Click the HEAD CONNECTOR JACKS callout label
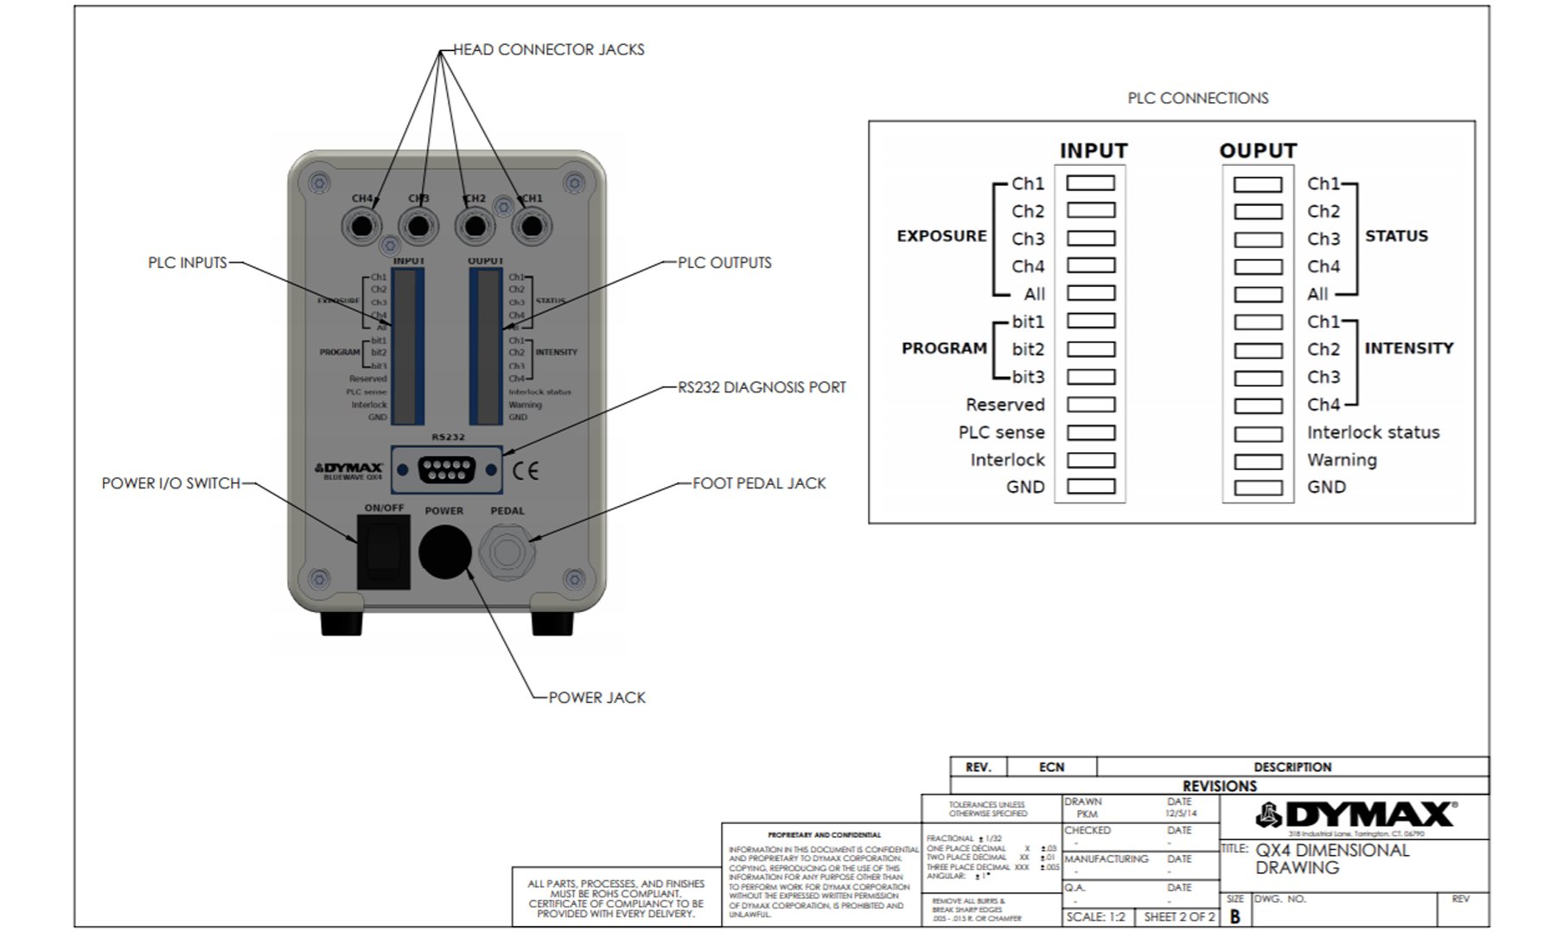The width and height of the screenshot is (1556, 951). [548, 50]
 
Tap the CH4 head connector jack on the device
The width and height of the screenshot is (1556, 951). [361, 227]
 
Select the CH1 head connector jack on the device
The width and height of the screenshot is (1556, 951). [530, 227]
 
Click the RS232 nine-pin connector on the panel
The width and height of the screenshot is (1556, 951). [446, 470]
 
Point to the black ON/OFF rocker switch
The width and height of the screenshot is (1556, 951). [384, 552]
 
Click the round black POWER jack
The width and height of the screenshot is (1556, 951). [445, 552]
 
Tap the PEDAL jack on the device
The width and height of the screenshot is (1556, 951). [507, 552]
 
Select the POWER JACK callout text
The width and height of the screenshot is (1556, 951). [596, 698]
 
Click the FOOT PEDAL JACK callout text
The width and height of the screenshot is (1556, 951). [759, 484]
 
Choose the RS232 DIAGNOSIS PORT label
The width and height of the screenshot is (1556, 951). [762, 388]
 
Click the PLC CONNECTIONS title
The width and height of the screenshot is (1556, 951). [1197, 99]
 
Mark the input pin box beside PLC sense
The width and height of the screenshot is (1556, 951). [1090, 432]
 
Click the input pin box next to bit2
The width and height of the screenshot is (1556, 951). [1090, 349]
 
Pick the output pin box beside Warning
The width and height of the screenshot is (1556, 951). [1258, 461]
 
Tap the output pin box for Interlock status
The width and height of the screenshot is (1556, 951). [1258, 433]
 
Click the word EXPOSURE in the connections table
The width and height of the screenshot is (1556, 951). [941, 236]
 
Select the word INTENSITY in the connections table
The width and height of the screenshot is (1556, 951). [1408, 348]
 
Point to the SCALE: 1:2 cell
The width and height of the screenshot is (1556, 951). [1095, 917]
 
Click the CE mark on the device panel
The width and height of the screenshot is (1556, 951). [526, 471]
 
